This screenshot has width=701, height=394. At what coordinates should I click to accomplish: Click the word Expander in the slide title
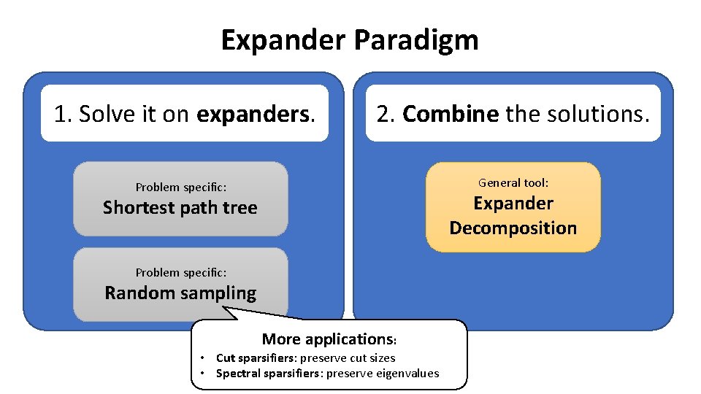(284, 39)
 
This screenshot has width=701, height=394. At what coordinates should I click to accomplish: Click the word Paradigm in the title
(416, 39)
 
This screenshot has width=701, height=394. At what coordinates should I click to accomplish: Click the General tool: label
(513, 182)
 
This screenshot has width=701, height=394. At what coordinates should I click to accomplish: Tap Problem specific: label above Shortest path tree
(180, 187)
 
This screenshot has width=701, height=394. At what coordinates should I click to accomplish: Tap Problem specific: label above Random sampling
(180, 272)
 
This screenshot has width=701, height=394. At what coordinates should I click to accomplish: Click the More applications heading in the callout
(328, 339)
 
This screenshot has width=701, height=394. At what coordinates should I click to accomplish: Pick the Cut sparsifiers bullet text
(305, 358)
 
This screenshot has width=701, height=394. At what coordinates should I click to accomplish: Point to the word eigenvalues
(408, 374)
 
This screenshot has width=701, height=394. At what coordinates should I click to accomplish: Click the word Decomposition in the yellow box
(513, 228)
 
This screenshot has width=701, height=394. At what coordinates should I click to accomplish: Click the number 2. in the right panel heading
(386, 114)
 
